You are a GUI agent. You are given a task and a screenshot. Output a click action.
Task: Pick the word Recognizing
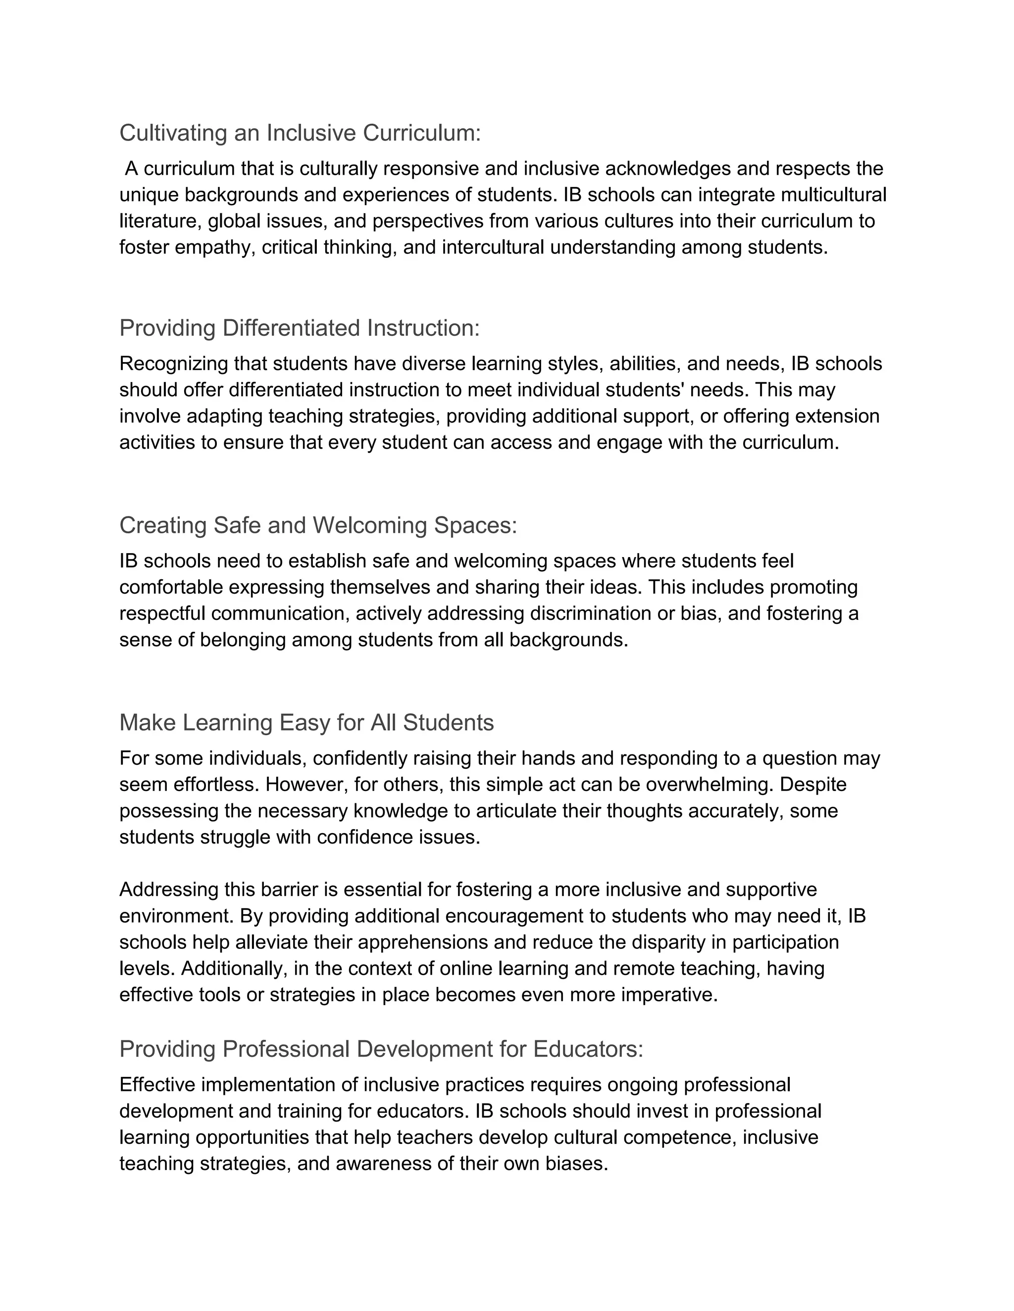point(174,364)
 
